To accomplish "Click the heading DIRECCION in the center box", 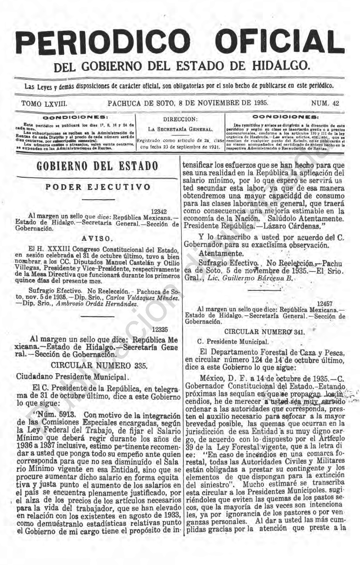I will [180, 120].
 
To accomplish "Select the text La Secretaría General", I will [180, 129].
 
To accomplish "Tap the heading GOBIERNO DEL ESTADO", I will [97, 166].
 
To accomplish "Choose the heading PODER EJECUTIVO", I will [98, 187].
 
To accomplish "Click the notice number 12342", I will [159, 212].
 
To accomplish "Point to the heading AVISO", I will [97, 239].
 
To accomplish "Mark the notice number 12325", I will [160, 330].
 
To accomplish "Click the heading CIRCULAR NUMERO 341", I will [264, 331].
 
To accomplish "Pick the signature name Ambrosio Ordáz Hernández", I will [97, 304].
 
